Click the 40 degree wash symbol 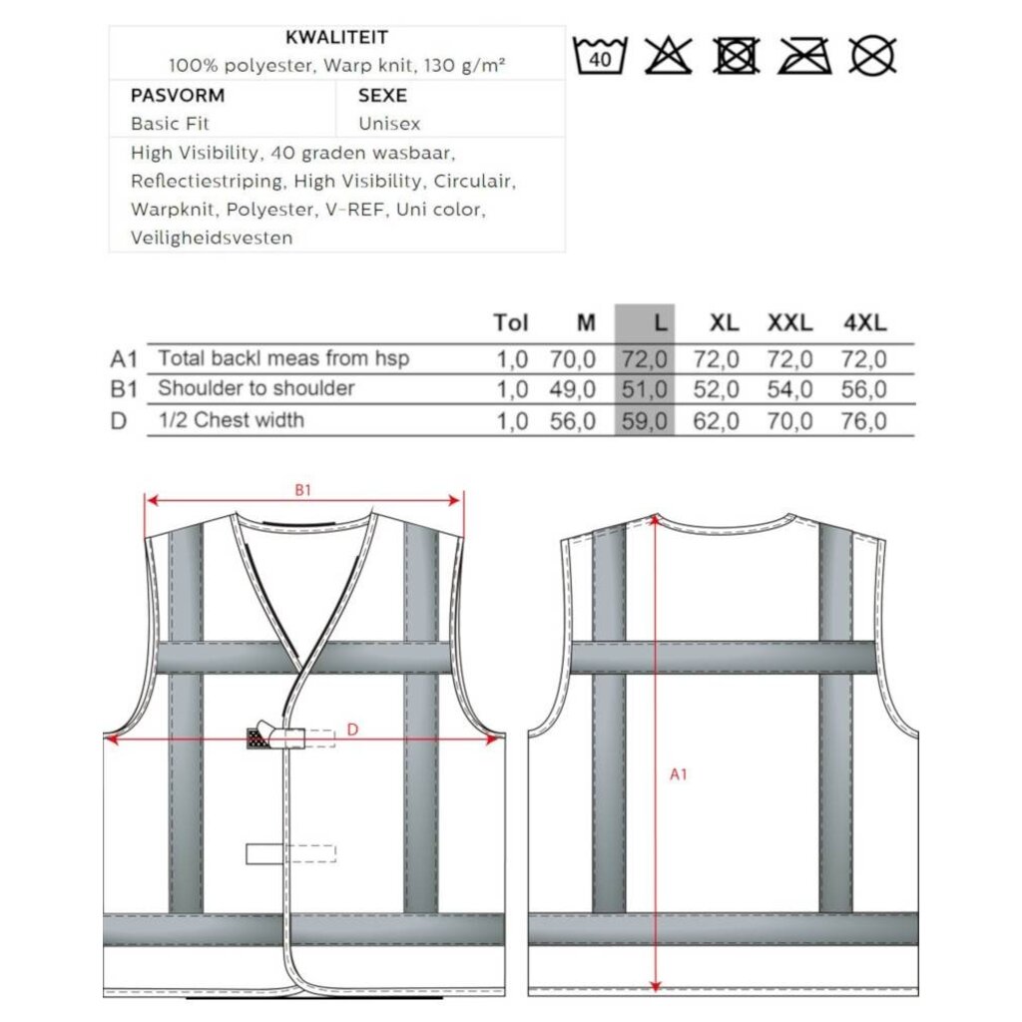click(602, 55)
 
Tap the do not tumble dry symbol click(737, 55)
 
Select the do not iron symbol click(804, 55)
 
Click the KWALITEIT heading click(336, 38)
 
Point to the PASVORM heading click(178, 96)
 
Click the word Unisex click(389, 124)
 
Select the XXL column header click(789, 322)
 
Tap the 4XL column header click(864, 322)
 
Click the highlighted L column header click(658, 322)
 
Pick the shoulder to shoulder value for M click(573, 389)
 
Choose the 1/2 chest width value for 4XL click(864, 421)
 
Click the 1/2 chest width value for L click(645, 421)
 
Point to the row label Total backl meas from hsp click(283, 358)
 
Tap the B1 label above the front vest click(303, 490)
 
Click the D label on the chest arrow click(352, 730)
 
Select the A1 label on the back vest click(678, 773)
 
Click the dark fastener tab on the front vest click(260, 739)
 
